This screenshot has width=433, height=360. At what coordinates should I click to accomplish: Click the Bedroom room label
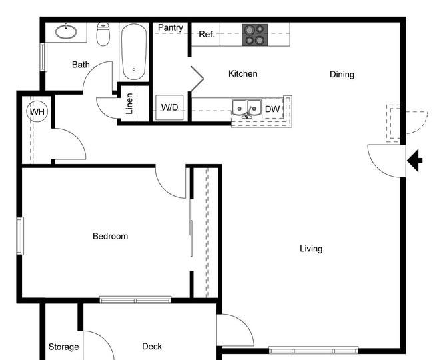pyautogui.click(x=110, y=236)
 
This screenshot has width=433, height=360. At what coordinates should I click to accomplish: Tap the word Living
pyautogui.click(x=311, y=249)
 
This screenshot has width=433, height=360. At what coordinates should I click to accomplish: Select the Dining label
pyautogui.click(x=342, y=74)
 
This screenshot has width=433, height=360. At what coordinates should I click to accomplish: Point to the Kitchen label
pyautogui.click(x=243, y=73)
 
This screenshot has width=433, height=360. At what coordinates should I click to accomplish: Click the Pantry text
pyautogui.click(x=171, y=27)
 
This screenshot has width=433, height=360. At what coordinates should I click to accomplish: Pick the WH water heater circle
pyautogui.click(x=37, y=111)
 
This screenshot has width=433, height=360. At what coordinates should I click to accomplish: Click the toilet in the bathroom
pyautogui.click(x=103, y=34)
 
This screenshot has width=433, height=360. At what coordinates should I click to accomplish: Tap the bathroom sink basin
pyautogui.click(x=66, y=31)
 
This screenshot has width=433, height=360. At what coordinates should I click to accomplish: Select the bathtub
pyautogui.click(x=134, y=51)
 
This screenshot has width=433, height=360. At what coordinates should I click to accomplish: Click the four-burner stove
pyautogui.click(x=255, y=35)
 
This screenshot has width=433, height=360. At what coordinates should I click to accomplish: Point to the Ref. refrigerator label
pyautogui.click(x=207, y=34)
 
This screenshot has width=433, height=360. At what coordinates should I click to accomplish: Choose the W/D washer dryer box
pyautogui.click(x=169, y=107)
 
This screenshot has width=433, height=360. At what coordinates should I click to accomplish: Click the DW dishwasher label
pyautogui.click(x=272, y=109)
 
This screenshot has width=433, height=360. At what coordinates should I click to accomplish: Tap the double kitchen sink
pyautogui.click(x=247, y=108)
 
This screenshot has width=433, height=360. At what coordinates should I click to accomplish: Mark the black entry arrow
pyautogui.click(x=415, y=161)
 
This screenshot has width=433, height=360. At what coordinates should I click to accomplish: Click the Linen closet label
pyautogui.click(x=129, y=103)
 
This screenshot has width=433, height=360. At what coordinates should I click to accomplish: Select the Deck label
pyautogui.click(x=152, y=347)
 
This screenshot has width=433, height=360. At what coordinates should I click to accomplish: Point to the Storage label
pyautogui.click(x=63, y=347)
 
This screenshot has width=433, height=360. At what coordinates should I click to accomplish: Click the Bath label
pyautogui.click(x=81, y=65)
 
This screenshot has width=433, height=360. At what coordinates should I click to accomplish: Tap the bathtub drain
pyautogui.click(x=134, y=69)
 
